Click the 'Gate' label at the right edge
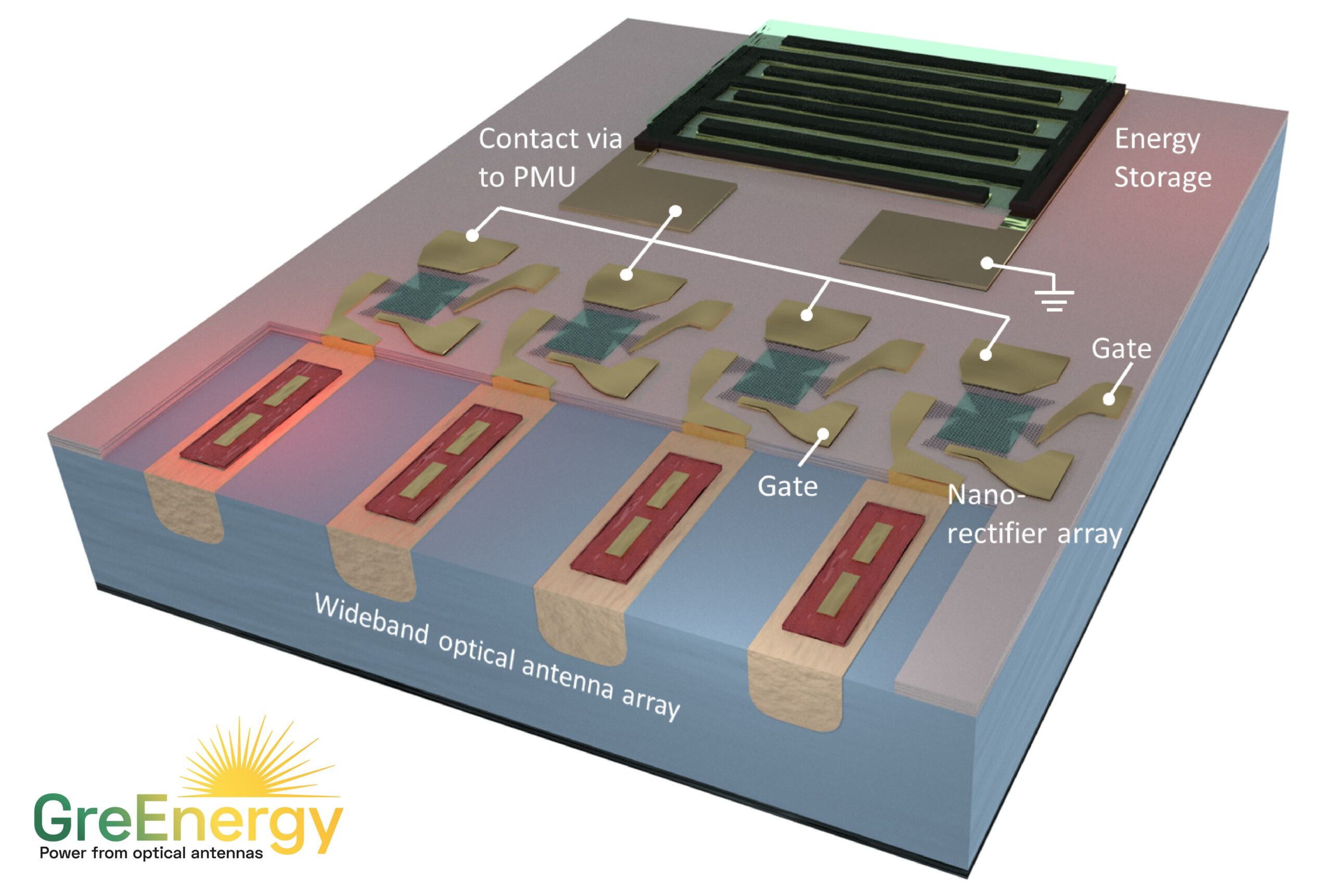[x=1121, y=348]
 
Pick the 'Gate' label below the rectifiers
[x=788, y=486]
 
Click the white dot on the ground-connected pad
[x=988, y=263]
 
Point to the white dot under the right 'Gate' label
[x=1108, y=399]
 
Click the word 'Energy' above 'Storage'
[x=1157, y=140]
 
